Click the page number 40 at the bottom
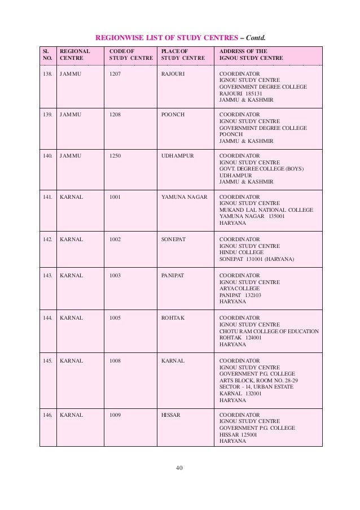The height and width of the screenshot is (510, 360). (x=180, y=467)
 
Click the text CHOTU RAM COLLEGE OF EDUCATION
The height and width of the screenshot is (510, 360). (x=269, y=331)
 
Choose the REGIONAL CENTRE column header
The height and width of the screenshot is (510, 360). (x=75, y=54)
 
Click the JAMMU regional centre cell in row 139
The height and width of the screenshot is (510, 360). (x=71, y=114)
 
